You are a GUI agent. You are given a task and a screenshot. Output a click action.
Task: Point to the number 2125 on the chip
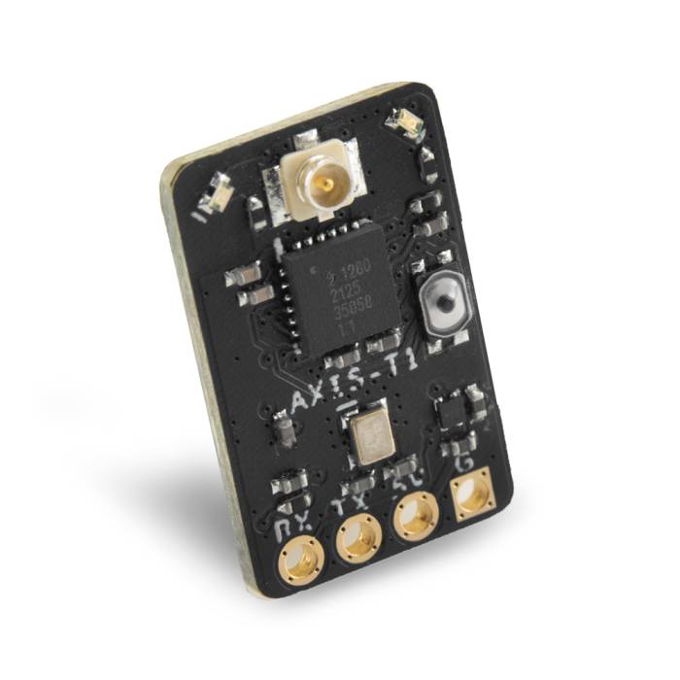tap(343, 295)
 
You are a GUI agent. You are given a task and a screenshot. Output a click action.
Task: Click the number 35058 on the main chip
tap(346, 313)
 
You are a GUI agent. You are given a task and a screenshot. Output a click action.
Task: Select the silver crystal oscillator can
tap(372, 436)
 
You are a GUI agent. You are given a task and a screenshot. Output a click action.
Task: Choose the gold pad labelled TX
tap(358, 535)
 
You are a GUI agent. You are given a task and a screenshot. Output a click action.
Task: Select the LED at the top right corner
tap(401, 122)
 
